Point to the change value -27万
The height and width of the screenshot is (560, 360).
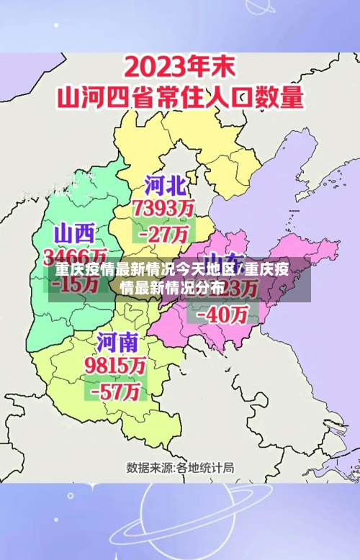coord(165,234)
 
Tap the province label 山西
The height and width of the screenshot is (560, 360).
coord(75,232)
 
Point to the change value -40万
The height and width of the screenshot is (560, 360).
coord(227,315)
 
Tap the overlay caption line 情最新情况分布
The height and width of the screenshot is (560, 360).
coord(173,289)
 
